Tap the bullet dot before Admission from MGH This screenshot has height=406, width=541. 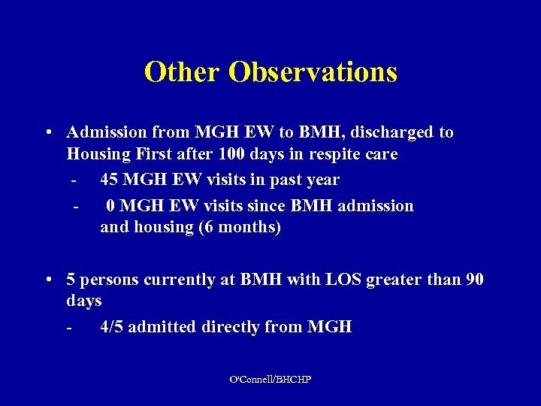[47, 133]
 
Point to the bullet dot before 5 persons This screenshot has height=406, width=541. [47, 280]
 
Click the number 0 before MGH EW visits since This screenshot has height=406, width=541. [110, 206]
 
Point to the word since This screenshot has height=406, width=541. [267, 206]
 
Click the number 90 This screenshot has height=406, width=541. [475, 280]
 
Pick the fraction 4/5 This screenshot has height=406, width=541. [113, 327]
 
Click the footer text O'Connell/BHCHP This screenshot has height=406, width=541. [270, 380]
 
